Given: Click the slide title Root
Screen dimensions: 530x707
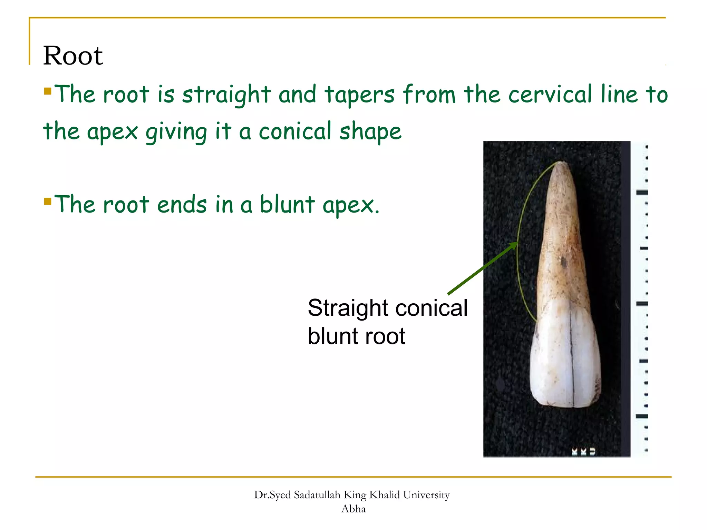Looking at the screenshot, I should coord(73,56).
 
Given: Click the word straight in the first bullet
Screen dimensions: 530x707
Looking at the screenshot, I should coord(226,95).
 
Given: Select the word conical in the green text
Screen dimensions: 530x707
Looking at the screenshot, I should coord(295,131).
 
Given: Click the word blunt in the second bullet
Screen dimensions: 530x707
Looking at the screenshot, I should coord(287,204).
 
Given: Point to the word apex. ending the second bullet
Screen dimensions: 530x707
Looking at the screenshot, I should coord(351,206).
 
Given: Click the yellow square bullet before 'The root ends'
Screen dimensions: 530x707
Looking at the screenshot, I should coord(48,201).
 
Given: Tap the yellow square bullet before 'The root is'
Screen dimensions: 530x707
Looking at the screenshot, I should coord(48,91).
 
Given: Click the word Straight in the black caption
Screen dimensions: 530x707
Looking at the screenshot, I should coord(349,308).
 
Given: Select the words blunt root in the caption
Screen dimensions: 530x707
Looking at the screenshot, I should coord(356,336).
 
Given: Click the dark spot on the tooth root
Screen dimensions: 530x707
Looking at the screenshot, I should coord(564,263).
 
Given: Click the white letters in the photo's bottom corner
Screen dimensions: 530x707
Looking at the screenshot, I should coord(583,452).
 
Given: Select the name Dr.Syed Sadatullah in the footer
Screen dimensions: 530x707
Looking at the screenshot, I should coord(297,495).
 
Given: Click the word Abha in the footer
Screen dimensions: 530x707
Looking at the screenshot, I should coord(353,509).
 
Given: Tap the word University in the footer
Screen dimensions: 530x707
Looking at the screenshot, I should coord(426,495).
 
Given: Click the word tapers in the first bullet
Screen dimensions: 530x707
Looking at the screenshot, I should coord(359,95).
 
